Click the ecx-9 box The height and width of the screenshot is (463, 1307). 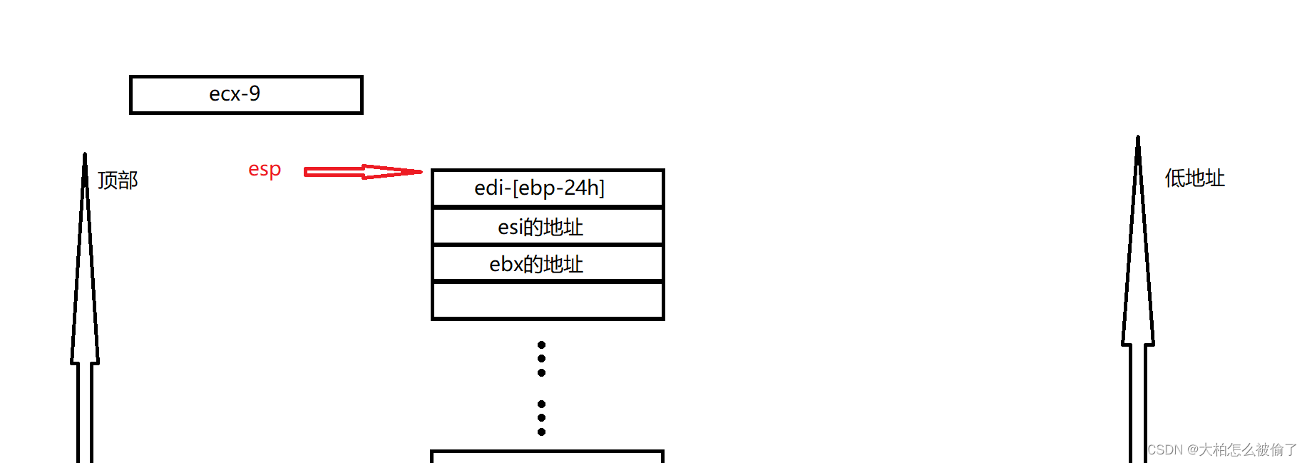[x=246, y=95]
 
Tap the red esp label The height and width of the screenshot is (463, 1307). [x=265, y=170]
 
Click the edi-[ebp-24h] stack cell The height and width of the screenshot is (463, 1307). [x=548, y=188]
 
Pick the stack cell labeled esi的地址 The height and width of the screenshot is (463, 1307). [x=548, y=227]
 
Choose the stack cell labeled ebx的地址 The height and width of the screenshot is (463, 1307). [x=548, y=264]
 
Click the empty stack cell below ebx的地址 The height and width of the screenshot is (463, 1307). [x=548, y=301]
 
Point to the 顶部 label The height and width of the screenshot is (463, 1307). [x=118, y=180]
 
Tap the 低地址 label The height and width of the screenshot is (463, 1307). [x=1194, y=178]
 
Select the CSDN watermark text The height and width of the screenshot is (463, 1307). [x=1222, y=449]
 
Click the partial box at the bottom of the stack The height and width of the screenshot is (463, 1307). [x=548, y=457]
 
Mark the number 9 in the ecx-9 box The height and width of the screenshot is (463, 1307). [x=255, y=93]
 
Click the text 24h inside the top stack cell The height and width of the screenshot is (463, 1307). [x=580, y=188]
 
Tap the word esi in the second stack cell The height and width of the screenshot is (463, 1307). [x=510, y=228]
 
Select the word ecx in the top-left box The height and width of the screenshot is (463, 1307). [x=225, y=94]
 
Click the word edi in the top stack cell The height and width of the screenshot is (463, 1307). [x=489, y=188]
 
